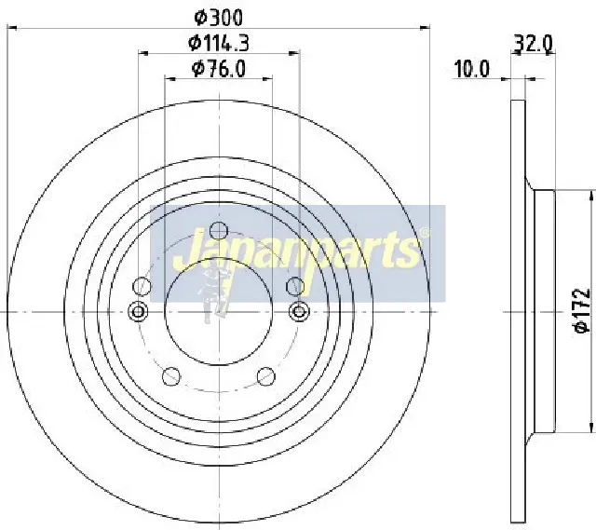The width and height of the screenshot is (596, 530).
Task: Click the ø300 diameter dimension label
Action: pyautogui.click(x=219, y=16)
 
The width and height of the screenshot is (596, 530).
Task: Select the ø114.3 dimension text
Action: pyautogui.click(x=219, y=42)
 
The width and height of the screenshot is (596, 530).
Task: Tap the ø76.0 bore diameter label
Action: pyautogui.click(x=219, y=68)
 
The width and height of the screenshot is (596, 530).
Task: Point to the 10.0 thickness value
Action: pyautogui.click(x=472, y=68)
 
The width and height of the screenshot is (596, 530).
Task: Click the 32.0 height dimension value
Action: pyautogui.click(x=534, y=42)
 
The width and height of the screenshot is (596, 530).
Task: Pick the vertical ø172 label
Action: pyautogui.click(x=580, y=312)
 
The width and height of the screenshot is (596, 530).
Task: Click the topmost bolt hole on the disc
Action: pyautogui.click(x=219, y=231)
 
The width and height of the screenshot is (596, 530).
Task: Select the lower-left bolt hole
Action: pyautogui.click(x=170, y=375)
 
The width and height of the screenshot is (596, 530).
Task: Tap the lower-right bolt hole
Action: pyautogui.click(x=266, y=375)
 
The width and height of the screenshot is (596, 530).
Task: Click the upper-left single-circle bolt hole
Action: pyautogui.click(x=142, y=286)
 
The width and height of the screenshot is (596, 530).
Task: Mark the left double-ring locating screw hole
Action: pyautogui.click(x=139, y=311)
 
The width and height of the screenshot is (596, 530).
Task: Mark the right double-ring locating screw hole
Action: pyautogui.click(x=299, y=311)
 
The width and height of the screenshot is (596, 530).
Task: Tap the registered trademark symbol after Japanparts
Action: pyautogui.click(x=425, y=234)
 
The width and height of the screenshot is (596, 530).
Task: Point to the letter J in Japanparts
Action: pyautogui.click(x=183, y=251)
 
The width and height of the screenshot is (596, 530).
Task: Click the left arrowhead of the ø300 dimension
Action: pyautogui.click(x=11, y=29)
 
